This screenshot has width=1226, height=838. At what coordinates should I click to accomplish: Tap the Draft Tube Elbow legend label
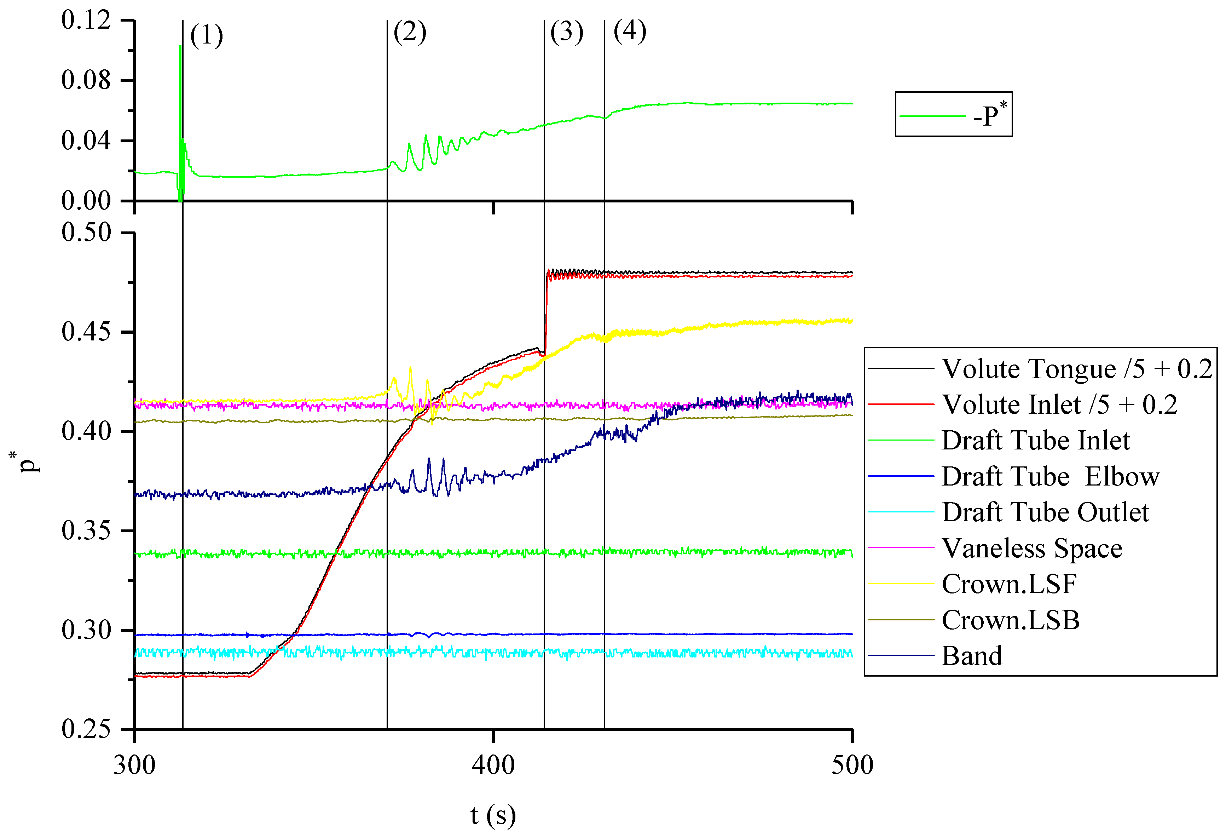point(1050,477)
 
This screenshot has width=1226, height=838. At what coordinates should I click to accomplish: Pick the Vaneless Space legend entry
point(1032,548)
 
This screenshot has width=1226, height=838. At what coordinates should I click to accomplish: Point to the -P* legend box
point(953,115)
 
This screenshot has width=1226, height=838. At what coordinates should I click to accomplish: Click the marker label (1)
point(206,36)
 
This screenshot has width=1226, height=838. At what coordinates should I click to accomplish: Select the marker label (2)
point(409,32)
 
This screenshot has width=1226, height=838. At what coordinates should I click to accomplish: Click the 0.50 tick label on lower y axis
point(86,233)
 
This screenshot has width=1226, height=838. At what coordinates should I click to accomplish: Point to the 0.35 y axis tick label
point(86,530)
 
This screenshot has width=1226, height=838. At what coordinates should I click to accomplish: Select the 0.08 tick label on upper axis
point(86,80)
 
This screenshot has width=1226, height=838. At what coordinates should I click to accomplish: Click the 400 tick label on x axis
point(493,765)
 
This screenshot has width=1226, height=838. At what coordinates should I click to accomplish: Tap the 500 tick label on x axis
point(852,765)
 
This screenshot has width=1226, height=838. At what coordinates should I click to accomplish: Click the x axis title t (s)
point(493,815)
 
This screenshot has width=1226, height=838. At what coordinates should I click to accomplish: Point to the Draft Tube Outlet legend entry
point(1045,512)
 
